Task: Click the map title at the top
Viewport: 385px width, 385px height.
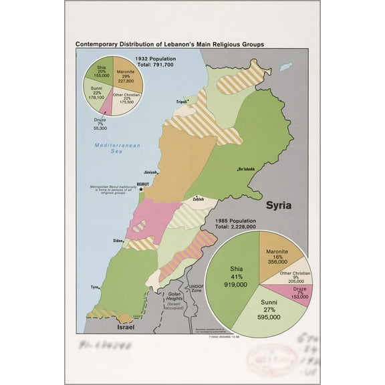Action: coord(169,44)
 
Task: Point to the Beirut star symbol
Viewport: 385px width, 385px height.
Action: coord(141,189)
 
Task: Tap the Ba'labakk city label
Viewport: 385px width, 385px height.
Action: coord(247,170)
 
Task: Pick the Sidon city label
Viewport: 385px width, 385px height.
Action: coord(118,239)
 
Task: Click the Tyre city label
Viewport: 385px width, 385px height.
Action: coord(95,287)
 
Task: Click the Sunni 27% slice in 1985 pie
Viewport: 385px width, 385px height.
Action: coord(271,311)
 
